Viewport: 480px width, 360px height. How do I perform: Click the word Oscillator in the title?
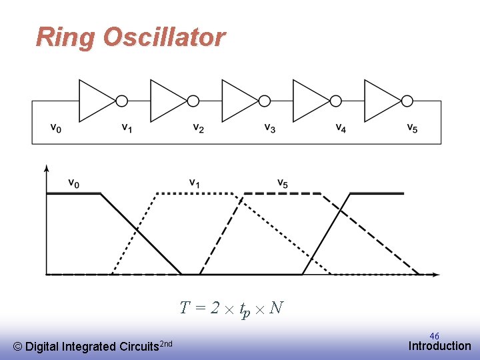coord(164,37)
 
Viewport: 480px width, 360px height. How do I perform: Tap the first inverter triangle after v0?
coord(95,101)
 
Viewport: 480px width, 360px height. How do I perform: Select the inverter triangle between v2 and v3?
coord(237,101)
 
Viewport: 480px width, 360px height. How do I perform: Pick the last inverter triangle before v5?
coord(380,101)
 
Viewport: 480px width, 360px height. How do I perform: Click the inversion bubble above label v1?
coord(122,101)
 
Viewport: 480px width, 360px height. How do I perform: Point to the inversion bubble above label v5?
coord(407,101)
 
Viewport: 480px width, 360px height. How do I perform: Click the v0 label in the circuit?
coord(55,127)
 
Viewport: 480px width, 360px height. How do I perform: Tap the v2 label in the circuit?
coord(198,127)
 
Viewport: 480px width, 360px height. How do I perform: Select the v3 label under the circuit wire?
coord(269,127)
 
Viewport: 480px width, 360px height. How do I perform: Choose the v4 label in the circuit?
coord(341,127)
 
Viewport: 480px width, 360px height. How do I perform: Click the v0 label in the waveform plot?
coord(73,183)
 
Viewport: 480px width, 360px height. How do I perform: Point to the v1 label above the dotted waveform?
coord(194,183)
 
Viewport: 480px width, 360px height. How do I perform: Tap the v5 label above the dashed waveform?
coord(283,183)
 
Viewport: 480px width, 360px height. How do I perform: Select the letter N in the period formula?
coord(277,307)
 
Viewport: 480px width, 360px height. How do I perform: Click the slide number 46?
coord(434,337)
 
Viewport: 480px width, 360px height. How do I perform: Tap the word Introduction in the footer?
coord(439,346)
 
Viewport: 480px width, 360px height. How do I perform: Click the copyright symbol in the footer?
coord(18,347)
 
